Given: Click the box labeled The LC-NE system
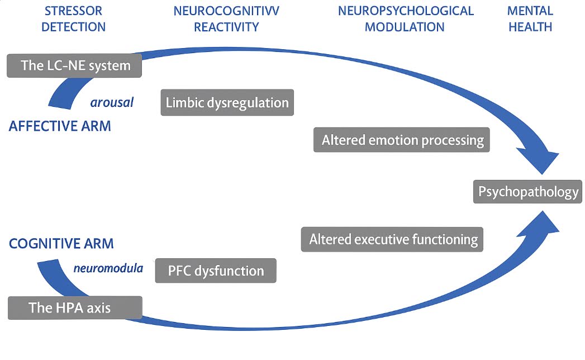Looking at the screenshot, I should click(x=74, y=65).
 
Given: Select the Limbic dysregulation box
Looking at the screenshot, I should click(x=227, y=103).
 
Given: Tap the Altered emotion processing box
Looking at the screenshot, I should click(x=402, y=140).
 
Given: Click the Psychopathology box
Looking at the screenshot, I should click(x=528, y=192).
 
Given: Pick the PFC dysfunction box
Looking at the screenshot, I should click(x=216, y=271).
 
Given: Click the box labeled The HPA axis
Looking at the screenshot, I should click(x=75, y=308).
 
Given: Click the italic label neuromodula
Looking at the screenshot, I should click(x=108, y=268).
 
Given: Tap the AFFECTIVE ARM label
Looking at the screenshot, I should click(x=60, y=126).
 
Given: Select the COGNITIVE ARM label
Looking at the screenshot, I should click(x=61, y=244).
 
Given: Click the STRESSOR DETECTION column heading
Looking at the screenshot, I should click(x=74, y=18).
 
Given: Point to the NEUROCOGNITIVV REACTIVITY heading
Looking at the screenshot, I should click(x=226, y=18).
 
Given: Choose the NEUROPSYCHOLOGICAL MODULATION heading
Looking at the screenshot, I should click(x=405, y=18).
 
